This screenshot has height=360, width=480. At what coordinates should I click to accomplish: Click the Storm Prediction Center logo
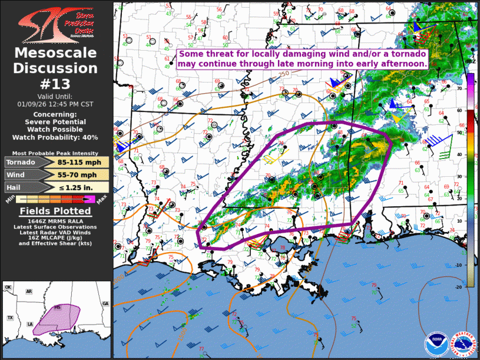pos(55,24)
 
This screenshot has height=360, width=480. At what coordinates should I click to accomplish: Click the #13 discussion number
pos(55,83)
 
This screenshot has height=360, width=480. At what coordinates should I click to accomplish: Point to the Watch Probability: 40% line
pos(55,137)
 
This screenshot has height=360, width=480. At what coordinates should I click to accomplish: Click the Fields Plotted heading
pos(55,211)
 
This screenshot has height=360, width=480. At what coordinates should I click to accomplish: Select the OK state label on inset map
pos(8,288)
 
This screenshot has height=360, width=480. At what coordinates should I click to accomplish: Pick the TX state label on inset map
pos(10,318)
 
